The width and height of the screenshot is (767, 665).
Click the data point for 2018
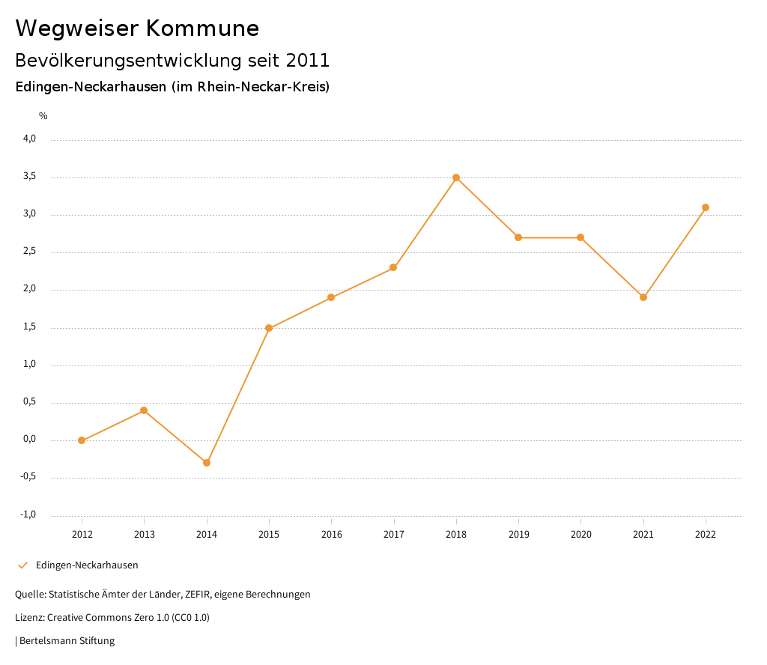point(456,177)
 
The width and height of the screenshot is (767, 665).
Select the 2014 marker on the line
point(207,463)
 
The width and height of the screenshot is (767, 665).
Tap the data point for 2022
point(706,207)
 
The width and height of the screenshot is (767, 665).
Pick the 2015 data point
point(269,328)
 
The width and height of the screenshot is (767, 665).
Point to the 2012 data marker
point(82,440)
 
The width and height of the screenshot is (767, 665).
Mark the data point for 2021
point(643,297)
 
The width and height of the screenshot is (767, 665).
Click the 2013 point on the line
point(144,410)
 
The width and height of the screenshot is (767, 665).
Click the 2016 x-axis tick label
point(331,534)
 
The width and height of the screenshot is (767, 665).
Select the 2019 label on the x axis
point(518,534)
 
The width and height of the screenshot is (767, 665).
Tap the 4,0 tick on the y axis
point(30,139)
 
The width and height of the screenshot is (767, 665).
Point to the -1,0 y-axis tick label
point(28,514)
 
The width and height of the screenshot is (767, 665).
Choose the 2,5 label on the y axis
point(30,252)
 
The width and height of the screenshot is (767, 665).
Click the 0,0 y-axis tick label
point(30,440)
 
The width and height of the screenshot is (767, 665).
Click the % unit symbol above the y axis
point(43,116)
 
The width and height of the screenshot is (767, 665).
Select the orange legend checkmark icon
point(22,565)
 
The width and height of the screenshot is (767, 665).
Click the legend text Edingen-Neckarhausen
point(87,565)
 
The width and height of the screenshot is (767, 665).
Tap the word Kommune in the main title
point(203,28)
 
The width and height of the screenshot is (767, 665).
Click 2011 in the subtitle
point(308,60)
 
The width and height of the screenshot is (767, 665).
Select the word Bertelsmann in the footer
point(49,641)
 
